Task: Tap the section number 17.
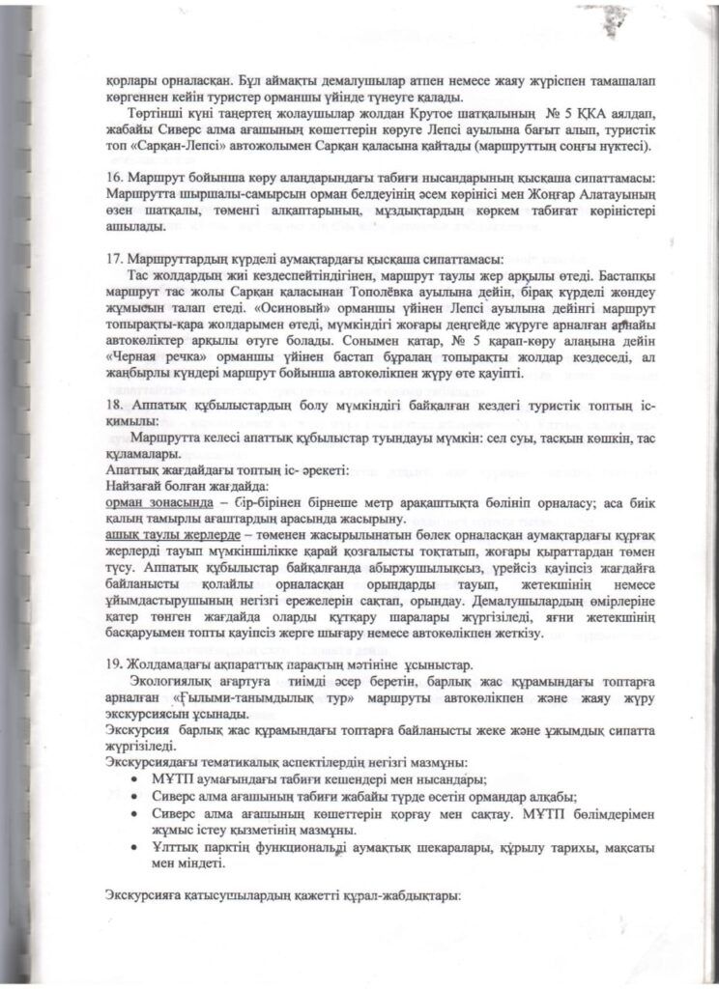(x=112, y=260)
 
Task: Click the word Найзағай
(x=135, y=486)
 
